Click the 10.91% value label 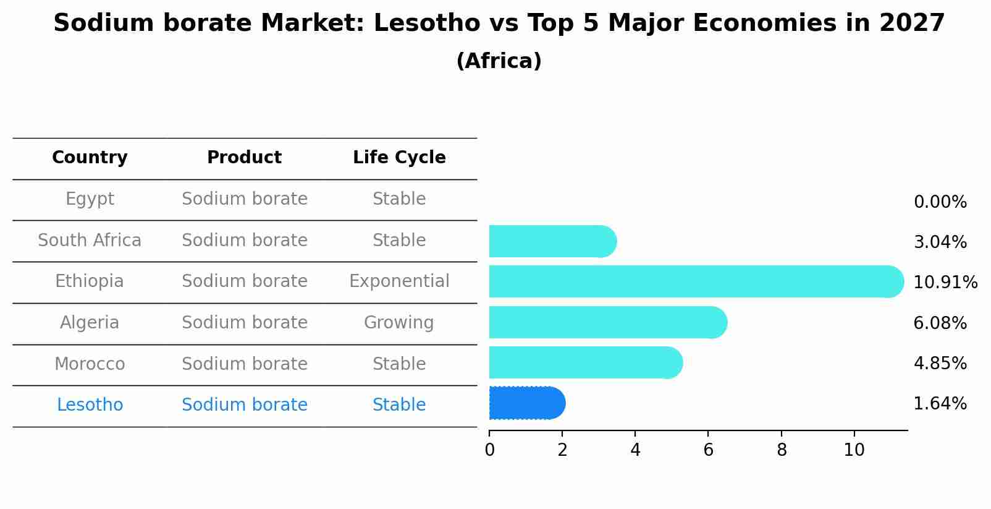tap(945, 283)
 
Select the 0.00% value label tap(940, 202)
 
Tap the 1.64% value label tap(940, 404)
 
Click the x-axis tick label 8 tap(782, 450)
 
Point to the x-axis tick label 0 tap(489, 450)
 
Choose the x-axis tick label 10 tap(854, 450)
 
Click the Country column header tap(90, 158)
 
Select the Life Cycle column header tap(399, 158)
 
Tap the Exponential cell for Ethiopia tap(399, 281)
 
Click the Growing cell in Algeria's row tap(399, 323)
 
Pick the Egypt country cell tap(90, 199)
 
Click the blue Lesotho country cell tap(90, 405)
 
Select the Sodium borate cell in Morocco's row tap(245, 364)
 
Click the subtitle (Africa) tap(499, 61)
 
